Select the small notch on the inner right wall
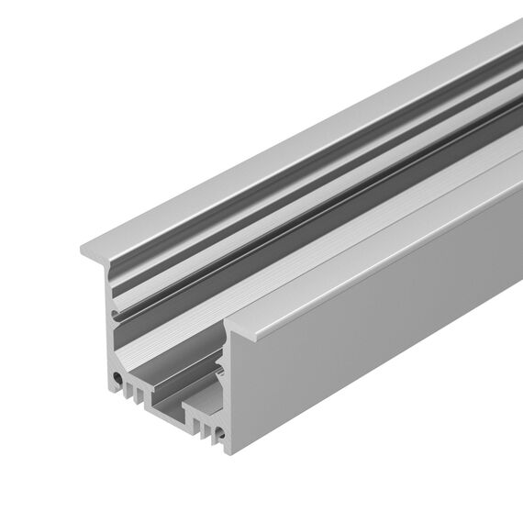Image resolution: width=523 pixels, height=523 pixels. tap(220, 371)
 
